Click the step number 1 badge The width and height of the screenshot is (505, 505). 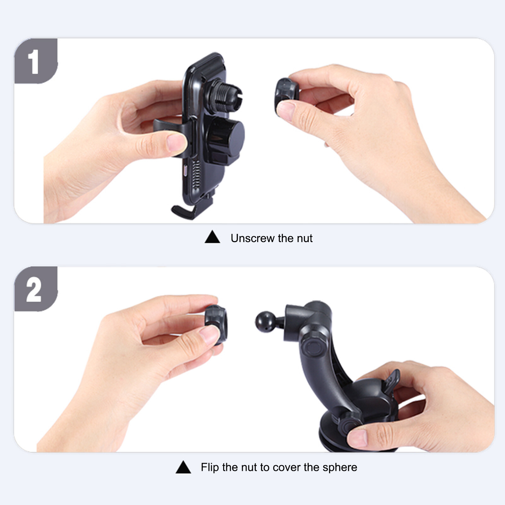point(36,61)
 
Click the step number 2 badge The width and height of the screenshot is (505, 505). point(36,289)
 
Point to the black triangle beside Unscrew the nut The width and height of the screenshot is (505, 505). point(212,237)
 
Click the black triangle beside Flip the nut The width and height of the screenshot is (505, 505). point(183,467)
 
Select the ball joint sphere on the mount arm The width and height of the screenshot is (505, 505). point(265,322)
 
